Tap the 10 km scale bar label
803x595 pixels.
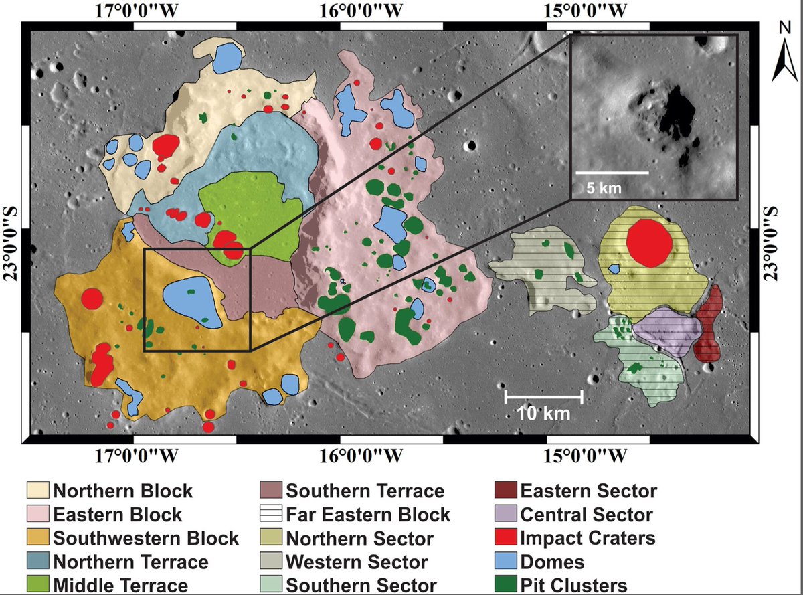pos(543,414)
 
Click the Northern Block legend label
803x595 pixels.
pos(122,491)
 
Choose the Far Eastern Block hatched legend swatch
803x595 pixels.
pos(270,514)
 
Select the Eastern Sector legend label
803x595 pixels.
pos(588,491)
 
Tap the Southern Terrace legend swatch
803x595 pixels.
pos(270,491)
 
